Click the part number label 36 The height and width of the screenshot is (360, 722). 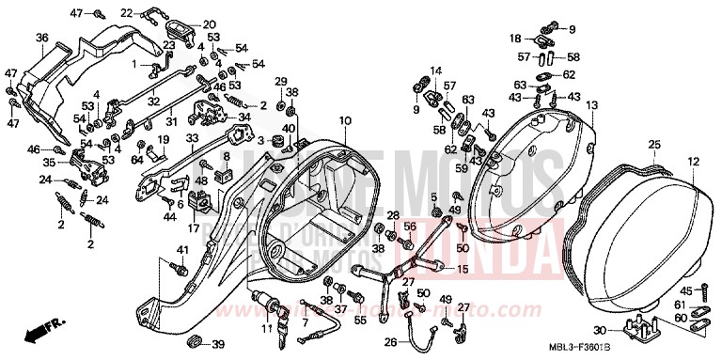point(41,38)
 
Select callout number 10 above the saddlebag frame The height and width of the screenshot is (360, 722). point(345,120)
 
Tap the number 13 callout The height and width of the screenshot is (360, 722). point(591,106)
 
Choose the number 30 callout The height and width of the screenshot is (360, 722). point(599,330)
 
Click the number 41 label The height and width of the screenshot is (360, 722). point(182,248)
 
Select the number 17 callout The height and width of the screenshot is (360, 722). point(192,227)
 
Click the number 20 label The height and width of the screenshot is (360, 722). point(209,24)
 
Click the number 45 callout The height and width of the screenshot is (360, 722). point(688,290)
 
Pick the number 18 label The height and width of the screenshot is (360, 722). point(516,38)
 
